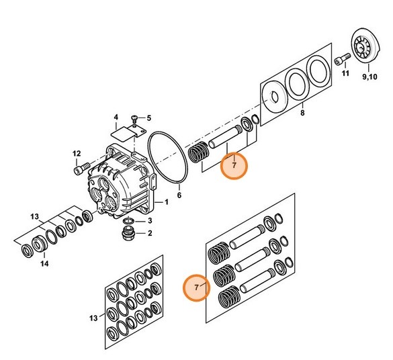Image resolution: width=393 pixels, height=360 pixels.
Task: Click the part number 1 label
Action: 167,202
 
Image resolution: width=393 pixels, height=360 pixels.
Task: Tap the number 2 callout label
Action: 150,233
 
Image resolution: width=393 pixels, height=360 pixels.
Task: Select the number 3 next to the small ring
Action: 150,221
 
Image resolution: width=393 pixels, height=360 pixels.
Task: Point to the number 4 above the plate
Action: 116,118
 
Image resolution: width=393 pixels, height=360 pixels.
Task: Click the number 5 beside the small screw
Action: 149,118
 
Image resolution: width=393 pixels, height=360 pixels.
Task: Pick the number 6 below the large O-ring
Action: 179,195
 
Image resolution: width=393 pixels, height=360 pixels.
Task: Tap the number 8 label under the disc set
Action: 302,113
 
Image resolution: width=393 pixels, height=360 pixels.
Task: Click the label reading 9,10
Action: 369,77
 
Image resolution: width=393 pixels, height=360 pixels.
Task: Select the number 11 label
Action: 345,73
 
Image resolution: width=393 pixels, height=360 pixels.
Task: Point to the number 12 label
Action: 77,154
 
